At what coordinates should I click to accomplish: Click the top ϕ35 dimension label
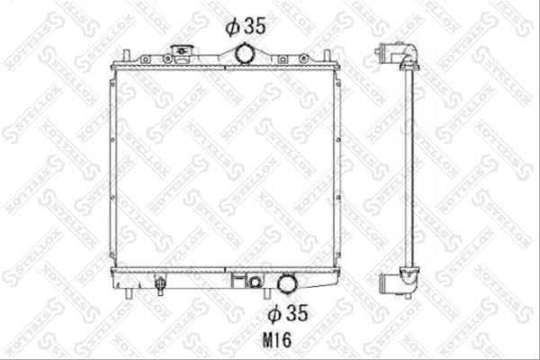click(x=246, y=26)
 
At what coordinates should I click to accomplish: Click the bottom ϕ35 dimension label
click(x=288, y=313)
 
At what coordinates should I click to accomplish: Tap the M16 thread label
click(x=277, y=340)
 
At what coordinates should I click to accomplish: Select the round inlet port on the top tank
click(x=245, y=53)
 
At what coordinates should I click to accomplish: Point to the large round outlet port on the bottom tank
click(x=287, y=283)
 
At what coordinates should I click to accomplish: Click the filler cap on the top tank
click(x=182, y=53)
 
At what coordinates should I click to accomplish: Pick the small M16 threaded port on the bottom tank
click(x=255, y=282)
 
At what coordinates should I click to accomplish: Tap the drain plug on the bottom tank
click(x=159, y=285)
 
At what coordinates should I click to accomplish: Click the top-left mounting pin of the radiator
click(x=126, y=56)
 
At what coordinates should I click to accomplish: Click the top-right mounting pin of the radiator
click(x=327, y=56)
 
